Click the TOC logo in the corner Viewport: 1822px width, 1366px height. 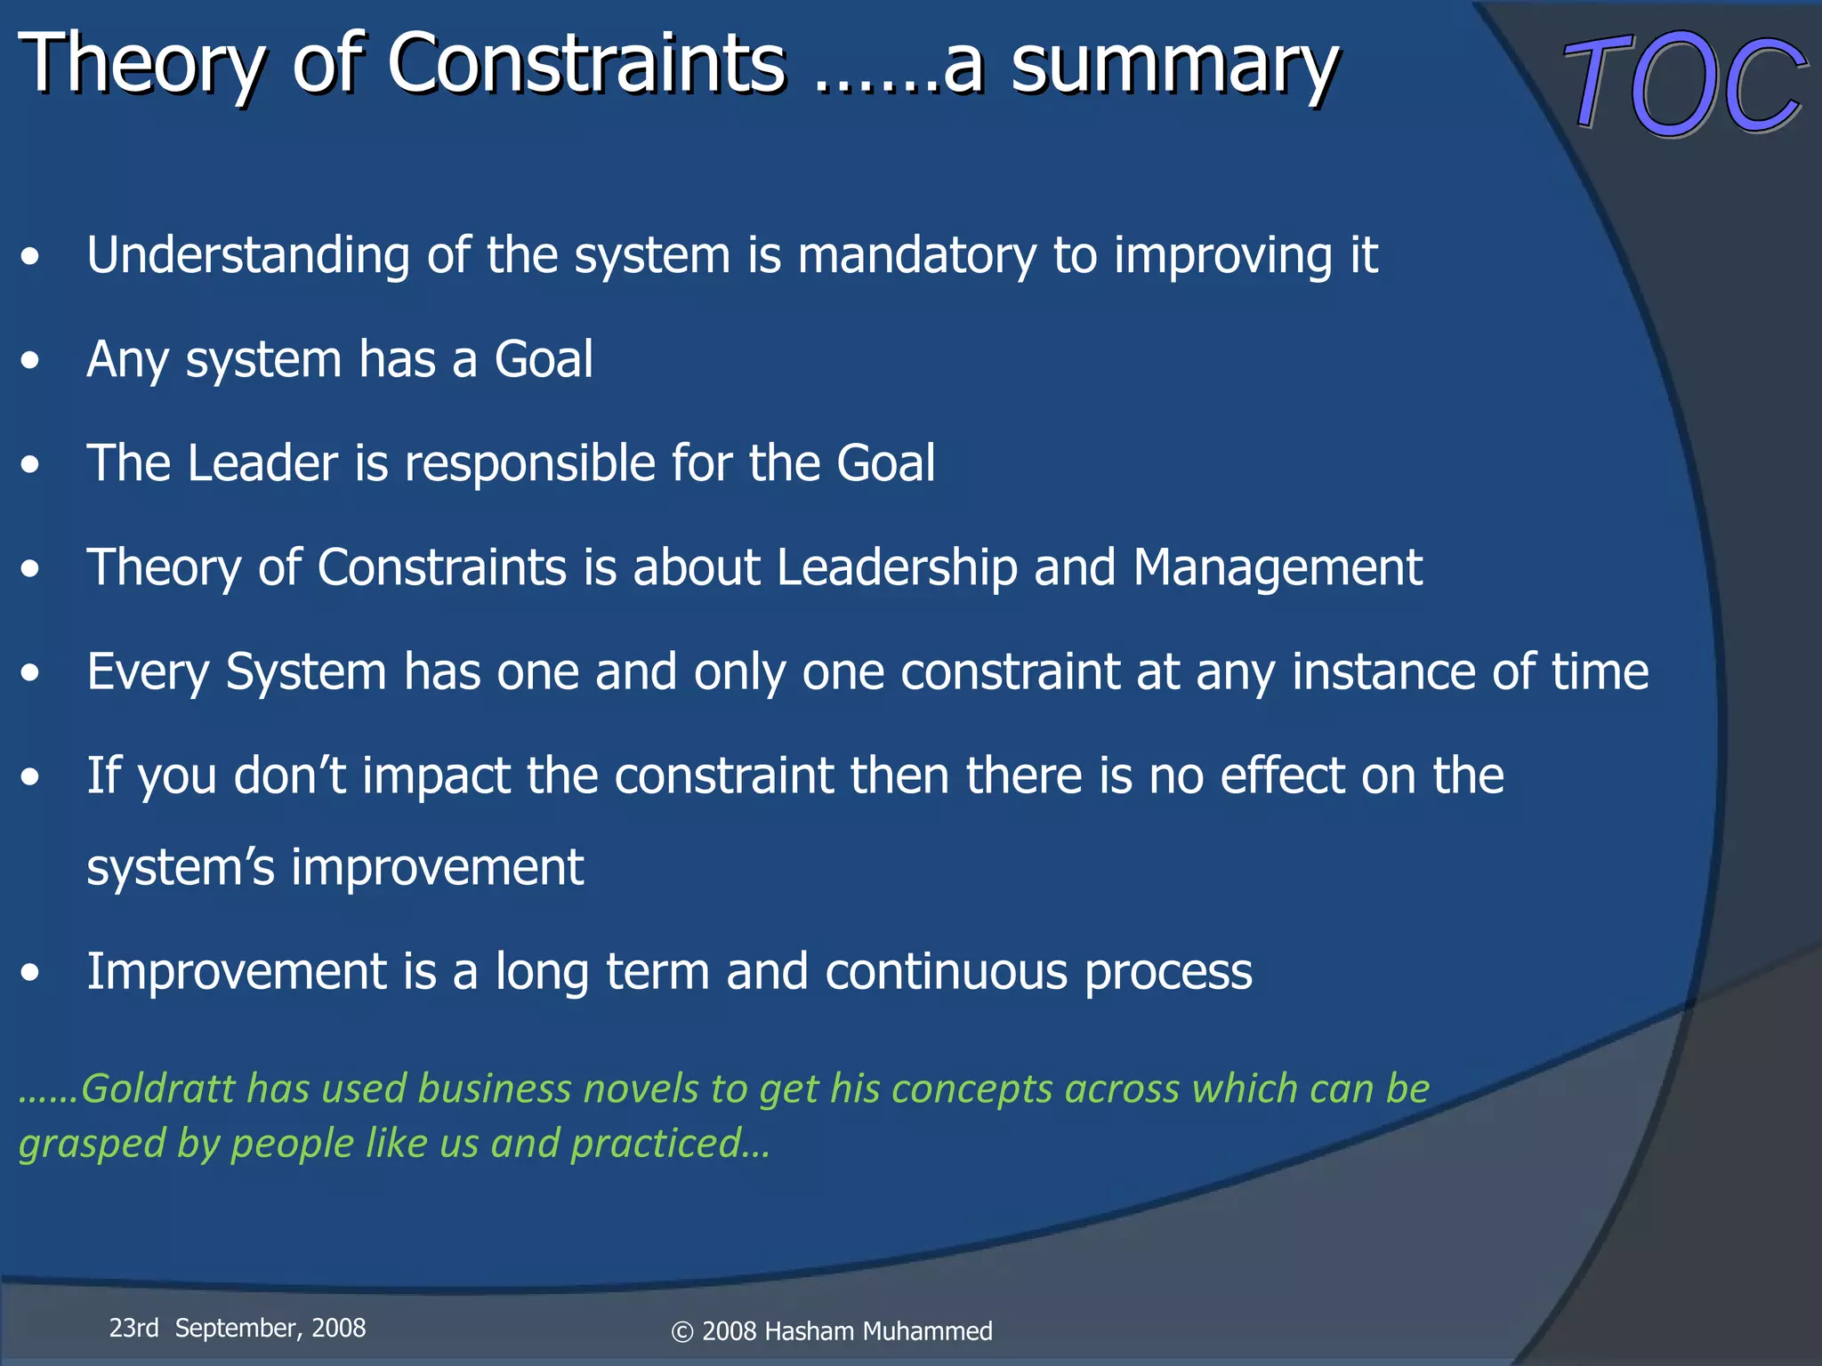click(x=1684, y=84)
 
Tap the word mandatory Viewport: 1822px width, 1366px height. click(x=916, y=256)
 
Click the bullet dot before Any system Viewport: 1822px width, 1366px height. click(x=31, y=361)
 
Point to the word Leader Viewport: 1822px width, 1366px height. click(x=262, y=463)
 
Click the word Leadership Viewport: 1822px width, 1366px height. click(x=897, y=568)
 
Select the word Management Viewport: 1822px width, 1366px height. click(x=1278, y=568)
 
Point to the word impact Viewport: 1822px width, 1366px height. click(x=436, y=776)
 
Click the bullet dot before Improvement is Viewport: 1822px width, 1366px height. click(x=31, y=973)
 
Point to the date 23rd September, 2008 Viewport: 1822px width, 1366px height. click(x=237, y=1328)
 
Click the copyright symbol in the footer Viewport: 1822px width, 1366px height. click(x=682, y=1332)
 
